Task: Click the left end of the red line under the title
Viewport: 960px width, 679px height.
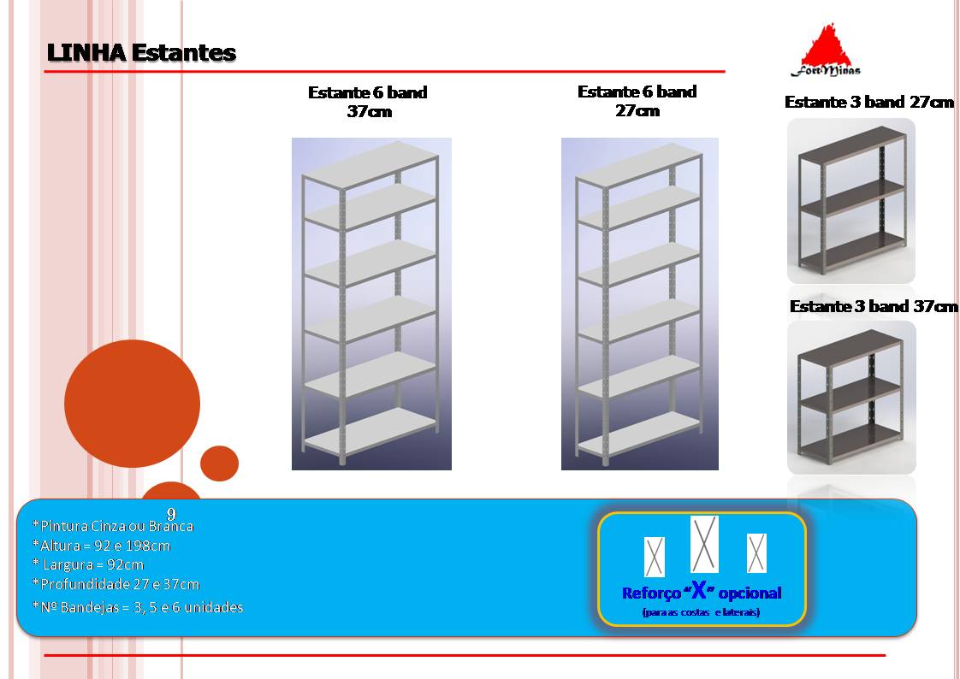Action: pos(44,72)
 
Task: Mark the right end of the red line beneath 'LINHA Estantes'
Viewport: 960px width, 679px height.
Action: pos(726,72)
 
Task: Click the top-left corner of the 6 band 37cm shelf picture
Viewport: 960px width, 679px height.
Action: pos(292,138)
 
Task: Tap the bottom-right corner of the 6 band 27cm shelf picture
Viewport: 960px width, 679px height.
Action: pos(719,470)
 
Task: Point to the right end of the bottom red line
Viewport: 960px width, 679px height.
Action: pos(886,655)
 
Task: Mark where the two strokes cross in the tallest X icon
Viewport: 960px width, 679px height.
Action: pos(705,545)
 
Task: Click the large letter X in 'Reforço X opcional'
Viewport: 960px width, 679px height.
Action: pos(699,590)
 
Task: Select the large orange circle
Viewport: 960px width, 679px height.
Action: pos(133,404)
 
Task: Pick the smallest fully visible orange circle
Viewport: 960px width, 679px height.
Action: pos(219,463)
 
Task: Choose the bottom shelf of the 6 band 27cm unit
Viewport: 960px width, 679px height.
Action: pos(639,434)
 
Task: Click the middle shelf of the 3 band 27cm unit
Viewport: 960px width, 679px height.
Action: pos(852,198)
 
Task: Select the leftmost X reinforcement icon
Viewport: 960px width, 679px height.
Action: pos(655,558)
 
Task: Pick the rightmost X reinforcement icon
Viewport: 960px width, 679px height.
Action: pos(756,553)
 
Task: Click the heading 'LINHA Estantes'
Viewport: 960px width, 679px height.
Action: pos(141,53)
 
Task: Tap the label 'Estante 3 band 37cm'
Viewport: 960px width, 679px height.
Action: pos(874,306)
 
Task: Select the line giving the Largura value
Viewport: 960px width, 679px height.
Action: pos(88,564)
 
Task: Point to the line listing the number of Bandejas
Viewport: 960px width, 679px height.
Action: pos(138,607)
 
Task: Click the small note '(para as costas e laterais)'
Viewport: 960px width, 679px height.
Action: pos(701,612)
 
